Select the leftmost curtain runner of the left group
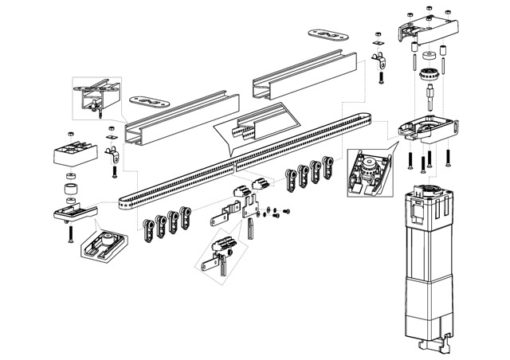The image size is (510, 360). [149, 229]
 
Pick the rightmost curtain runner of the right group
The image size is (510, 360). [326, 169]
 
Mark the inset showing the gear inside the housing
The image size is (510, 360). [367, 171]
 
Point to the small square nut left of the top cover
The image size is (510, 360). [381, 38]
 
